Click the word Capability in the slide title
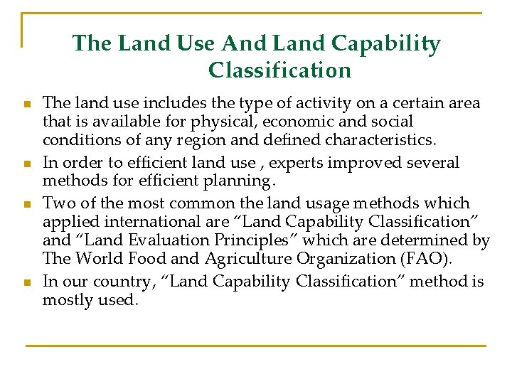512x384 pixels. pos(394,44)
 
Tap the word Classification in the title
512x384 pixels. pos(279,70)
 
